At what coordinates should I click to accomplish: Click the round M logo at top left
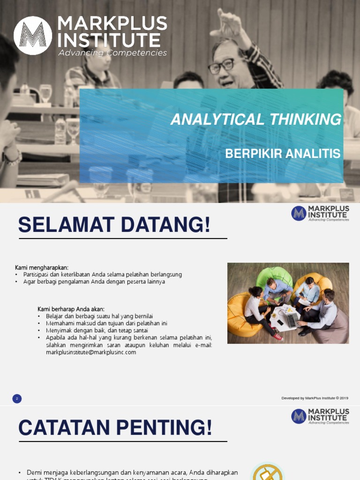click(x=33, y=36)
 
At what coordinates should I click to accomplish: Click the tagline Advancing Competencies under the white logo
click(x=112, y=53)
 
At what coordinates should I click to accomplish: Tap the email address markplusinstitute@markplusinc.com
click(x=91, y=352)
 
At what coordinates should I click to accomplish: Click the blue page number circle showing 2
click(x=17, y=399)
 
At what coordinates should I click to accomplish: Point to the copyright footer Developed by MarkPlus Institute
click(x=315, y=398)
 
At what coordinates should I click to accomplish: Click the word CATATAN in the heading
click(x=64, y=427)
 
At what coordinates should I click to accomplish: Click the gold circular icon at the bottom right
click(x=268, y=472)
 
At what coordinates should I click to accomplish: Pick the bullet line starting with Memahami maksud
click(x=106, y=323)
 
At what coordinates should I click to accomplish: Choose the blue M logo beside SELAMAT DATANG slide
click(x=299, y=213)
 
